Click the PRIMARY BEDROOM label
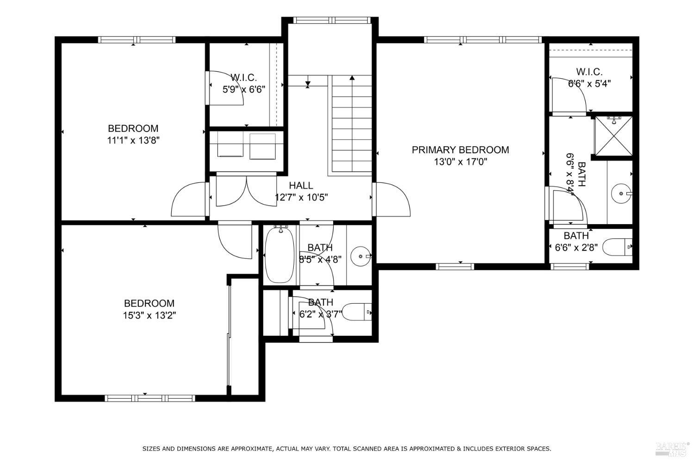460,150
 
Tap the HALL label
301,186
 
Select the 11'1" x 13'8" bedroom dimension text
133,140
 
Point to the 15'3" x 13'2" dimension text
149,315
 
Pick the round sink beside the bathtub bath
360,256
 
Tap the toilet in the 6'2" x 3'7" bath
357,312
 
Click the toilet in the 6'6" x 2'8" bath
617,247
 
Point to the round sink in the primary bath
621,194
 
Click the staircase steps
352,124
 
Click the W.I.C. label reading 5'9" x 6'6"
244,83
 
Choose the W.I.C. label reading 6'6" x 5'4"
589,77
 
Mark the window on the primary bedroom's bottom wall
455,266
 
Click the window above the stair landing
332,20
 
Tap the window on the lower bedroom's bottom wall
150,399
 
